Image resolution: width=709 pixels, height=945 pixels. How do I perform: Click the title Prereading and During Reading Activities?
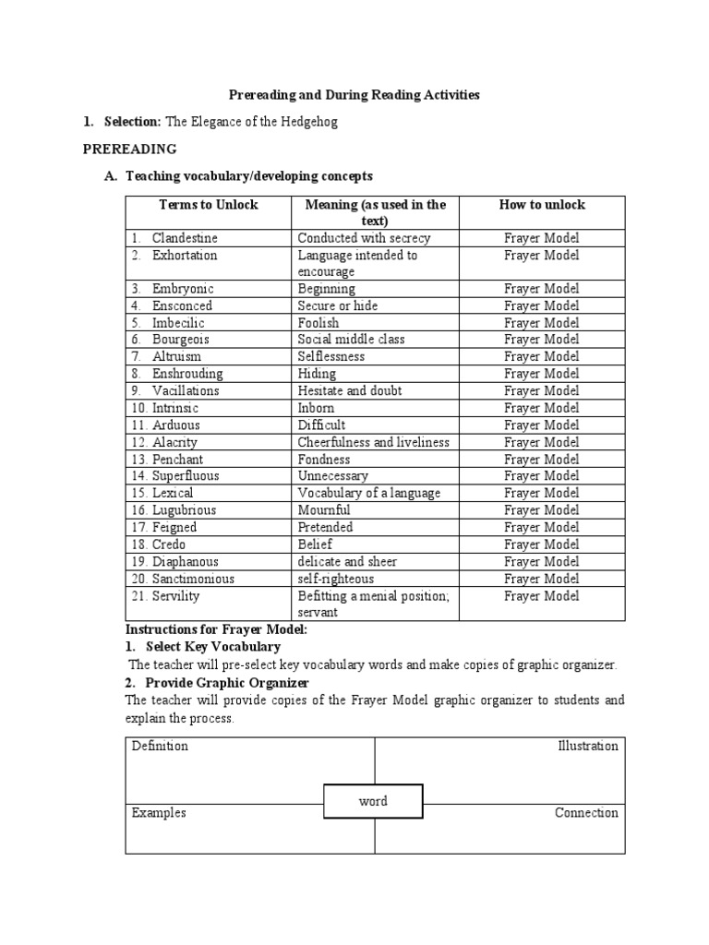click(x=354, y=95)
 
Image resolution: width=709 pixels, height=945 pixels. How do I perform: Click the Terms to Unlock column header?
click(x=209, y=205)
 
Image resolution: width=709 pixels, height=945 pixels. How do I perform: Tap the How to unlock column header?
click(x=542, y=205)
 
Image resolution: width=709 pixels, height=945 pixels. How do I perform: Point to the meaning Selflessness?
click(x=330, y=356)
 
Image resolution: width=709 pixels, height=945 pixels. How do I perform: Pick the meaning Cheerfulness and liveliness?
click(x=373, y=442)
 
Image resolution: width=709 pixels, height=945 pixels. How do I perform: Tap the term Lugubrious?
click(x=185, y=510)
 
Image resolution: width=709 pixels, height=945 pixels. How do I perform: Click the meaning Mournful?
click(x=323, y=510)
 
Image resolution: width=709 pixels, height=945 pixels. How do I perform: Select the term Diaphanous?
click(x=186, y=561)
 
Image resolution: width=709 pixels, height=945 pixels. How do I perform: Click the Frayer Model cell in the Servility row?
click(x=542, y=596)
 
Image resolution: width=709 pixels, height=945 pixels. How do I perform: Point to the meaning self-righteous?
click(x=335, y=579)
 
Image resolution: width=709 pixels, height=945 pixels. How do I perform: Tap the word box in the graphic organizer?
click(x=373, y=801)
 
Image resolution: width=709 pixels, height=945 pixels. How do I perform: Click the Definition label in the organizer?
click(x=160, y=746)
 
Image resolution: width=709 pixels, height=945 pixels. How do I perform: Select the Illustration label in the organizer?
click(x=587, y=746)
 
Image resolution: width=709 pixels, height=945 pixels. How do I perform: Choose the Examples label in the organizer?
click(x=159, y=813)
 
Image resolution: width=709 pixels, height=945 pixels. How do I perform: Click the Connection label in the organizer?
click(x=586, y=813)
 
